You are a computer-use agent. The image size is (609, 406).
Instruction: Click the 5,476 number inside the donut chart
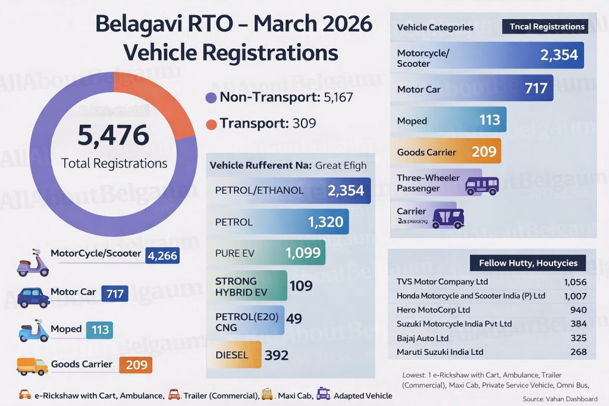pyautogui.click(x=113, y=135)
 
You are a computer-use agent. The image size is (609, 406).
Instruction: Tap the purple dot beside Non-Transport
pyautogui.click(x=210, y=98)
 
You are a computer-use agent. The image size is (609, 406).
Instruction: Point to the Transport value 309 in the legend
pyautogui.click(x=304, y=124)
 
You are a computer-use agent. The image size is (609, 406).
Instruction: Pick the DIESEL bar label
pyautogui.click(x=233, y=355)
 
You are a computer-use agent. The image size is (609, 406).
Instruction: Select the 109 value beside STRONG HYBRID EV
pyautogui.click(x=301, y=287)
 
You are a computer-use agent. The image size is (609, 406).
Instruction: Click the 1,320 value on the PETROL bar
pyautogui.click(x=325, y=222)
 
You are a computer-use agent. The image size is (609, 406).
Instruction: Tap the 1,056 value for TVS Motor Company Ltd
pyautogui.click(x=575, y=282)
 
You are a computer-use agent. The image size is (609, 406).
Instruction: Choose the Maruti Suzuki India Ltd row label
pyautogui.click(x=440, y=352)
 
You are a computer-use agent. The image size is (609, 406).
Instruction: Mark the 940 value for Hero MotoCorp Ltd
pyautogui.click(x=577, y=310)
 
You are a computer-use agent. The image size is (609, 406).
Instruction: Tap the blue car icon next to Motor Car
pyautogui.click(x=33, y=295)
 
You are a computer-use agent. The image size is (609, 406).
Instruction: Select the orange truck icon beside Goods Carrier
pyautogui.click(x=32, y=366)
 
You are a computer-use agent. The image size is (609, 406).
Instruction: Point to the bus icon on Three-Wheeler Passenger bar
pyautogui.click(x=482, y=185)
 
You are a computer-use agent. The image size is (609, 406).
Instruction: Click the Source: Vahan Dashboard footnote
pyautogui.click(x=560, y=399)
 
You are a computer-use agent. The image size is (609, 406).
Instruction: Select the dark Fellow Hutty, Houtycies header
pyautogui.click(x=528, y=263)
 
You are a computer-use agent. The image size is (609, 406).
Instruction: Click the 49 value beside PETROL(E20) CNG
pyautogui.click(x=294, y=319)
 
